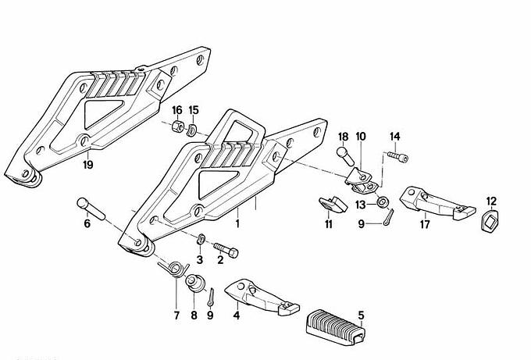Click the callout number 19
point(87,165)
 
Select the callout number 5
point(361,316)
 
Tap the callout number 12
point(491,201)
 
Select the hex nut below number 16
point(178,127)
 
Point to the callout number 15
point(194,110)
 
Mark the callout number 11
point(328,225)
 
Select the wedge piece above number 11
point(333,205)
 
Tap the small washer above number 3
point(201,238)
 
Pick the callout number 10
point(361,137)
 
